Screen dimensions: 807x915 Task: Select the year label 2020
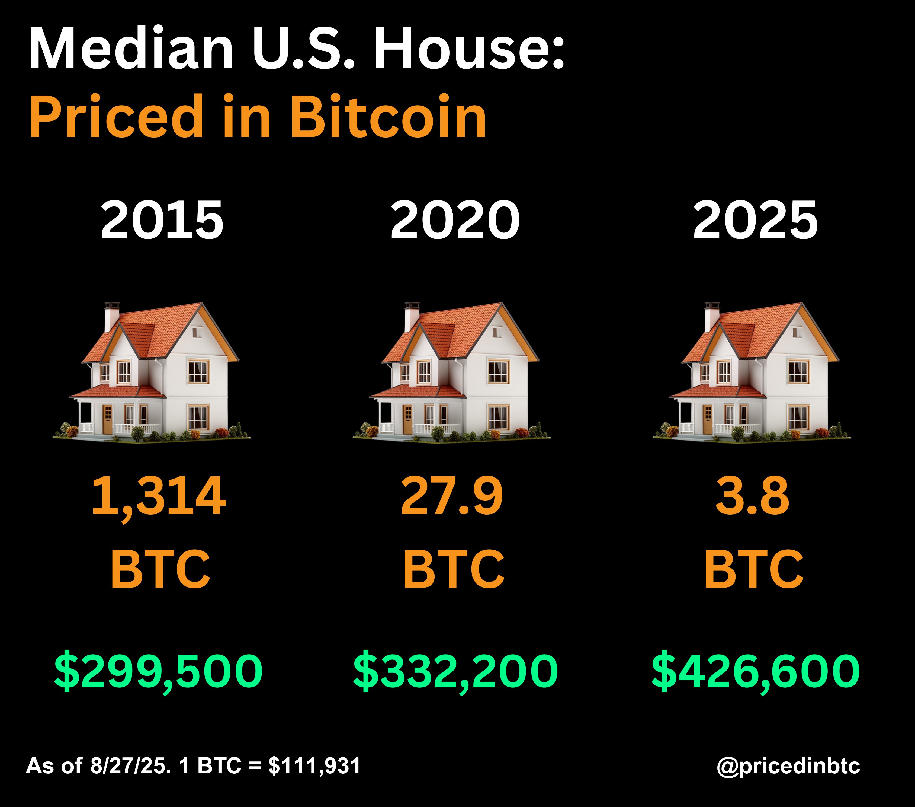click(x=455, y=220)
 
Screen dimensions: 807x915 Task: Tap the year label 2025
click(x=755, y=220)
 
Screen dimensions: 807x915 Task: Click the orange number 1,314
click(x=159, y=496)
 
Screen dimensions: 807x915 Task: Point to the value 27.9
click(x=452, y=496)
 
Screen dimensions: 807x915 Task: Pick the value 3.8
click(x=752, y=496)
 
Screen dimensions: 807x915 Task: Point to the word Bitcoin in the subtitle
click(x=388, y=117)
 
